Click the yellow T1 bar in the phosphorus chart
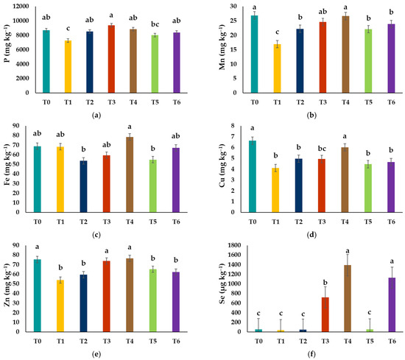tap(68, 67)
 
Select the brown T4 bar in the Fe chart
tap(130, 174)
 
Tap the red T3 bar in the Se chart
tap(325, 314)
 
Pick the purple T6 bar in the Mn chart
tap(391, 58)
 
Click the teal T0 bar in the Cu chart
tap(253, 177)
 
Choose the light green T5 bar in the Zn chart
tap(153, 300)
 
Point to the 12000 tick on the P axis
tap(21, 6)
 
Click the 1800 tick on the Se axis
tap(233, 245)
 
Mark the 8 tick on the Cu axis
tap(233, 126)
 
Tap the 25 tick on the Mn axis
tap(233, 21)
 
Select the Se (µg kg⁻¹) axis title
tap(222, 283)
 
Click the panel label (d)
tap(311, 235)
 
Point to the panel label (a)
tap(96, 115)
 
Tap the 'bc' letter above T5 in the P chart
tap(155, 24)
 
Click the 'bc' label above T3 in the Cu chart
tap(322, 149)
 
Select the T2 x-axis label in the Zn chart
tap(83, 342)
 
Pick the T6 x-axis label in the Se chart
tap(392, 342)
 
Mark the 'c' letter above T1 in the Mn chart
tap(277, 32)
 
